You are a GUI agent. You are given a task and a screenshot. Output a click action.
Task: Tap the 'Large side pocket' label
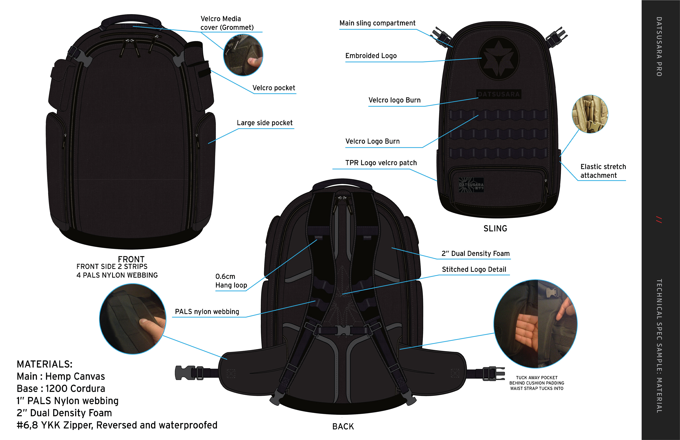[265, 123]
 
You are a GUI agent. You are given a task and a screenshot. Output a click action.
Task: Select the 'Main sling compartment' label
[377, 23]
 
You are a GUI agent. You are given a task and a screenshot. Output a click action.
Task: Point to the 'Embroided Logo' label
[371, 56]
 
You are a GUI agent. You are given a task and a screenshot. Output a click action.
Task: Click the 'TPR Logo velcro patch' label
[381, 163]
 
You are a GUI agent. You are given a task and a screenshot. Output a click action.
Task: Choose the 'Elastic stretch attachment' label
[603, 171]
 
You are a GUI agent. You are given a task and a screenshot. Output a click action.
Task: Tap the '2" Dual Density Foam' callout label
[475, 253]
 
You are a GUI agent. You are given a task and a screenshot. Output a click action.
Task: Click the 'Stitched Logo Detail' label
[474, 269]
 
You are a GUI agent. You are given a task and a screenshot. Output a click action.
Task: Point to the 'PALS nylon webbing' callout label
[207, 312]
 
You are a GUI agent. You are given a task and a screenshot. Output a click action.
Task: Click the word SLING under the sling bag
[495, 229]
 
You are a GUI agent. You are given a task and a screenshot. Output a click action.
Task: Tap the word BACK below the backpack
[343, 427]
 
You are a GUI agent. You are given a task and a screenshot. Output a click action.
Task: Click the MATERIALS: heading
[45, 364]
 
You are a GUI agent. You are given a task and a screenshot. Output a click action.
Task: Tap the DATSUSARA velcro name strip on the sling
[498, 94]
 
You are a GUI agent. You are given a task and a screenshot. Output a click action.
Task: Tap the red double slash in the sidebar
[659, 220]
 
